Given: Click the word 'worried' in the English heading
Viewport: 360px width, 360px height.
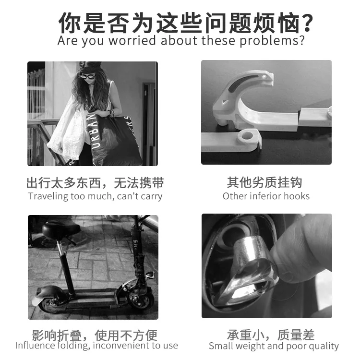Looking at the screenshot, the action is (132, 40).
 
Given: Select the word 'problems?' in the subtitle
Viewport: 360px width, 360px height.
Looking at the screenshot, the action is (272, 41).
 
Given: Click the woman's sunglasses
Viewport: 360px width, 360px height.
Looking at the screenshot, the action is (87, 76).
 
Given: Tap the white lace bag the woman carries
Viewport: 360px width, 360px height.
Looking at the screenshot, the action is (67, 131).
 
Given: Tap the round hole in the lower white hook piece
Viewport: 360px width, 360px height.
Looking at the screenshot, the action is (248, 135).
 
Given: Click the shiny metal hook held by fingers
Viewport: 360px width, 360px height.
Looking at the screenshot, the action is (250, 271).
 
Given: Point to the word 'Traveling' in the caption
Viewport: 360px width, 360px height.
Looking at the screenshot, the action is (48, 196).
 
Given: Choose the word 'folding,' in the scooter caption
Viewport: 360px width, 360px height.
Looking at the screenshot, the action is (74, 346).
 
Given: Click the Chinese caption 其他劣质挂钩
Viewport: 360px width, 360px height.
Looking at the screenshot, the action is (264, 182).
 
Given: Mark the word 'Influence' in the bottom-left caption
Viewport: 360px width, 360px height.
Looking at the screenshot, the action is (35, 345).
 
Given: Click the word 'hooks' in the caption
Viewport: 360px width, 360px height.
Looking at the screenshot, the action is (297, 196).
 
